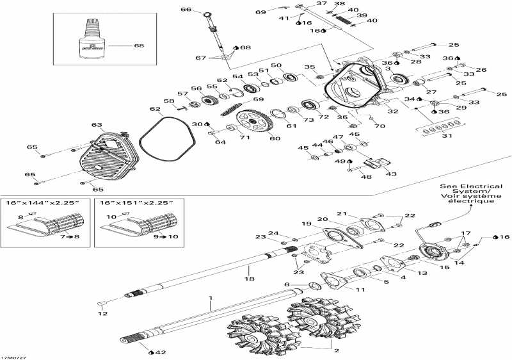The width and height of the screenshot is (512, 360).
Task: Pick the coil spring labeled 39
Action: click(x=344, y=23)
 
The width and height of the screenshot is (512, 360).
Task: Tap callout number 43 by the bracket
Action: click(x=390, y=174)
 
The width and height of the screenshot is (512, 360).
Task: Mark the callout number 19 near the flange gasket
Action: click(x=306, y=224)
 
